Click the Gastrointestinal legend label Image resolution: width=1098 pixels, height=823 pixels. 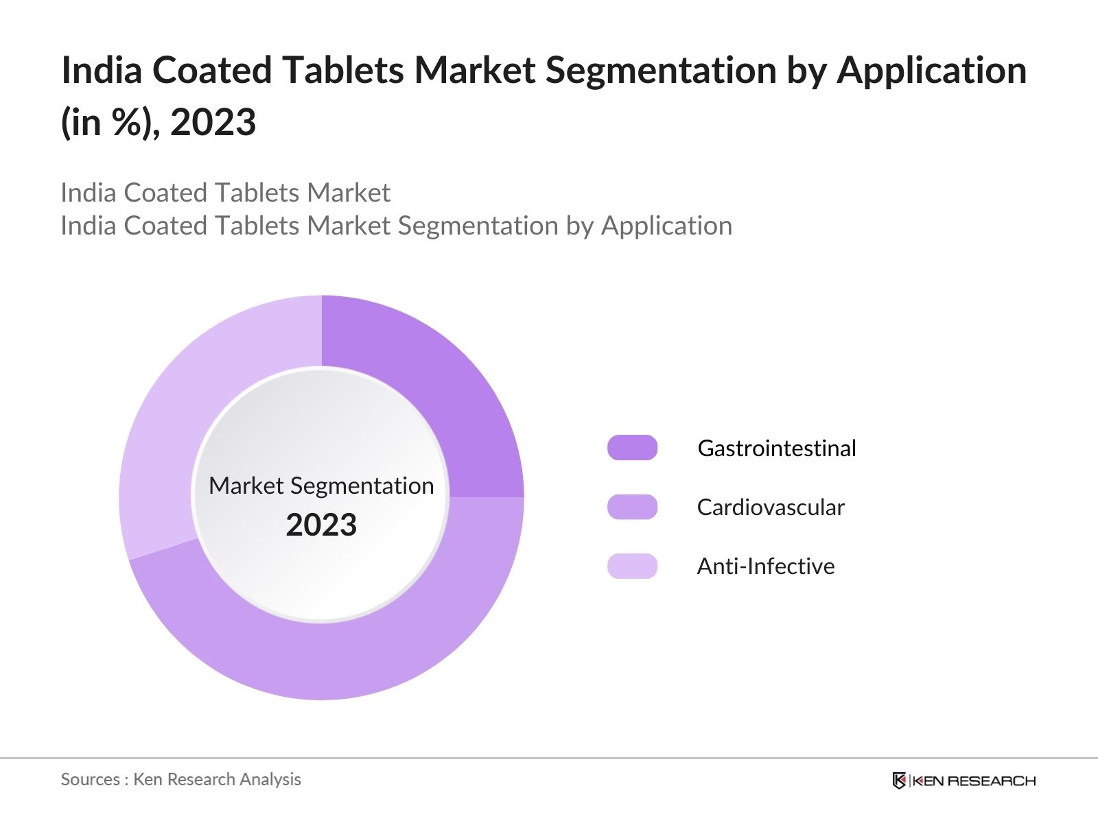pyautogui.click(x=776, y=448)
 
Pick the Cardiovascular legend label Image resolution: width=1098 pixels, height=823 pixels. pyautogui.click(x=770, y=507)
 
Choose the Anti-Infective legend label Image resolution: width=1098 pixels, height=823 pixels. pyautogui.click(x=765, y=566)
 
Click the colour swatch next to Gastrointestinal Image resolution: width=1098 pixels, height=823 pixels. pyautogui.click(x=632, y=448)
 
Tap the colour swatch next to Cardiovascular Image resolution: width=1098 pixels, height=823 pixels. pyautogui.click(x=632, y=507)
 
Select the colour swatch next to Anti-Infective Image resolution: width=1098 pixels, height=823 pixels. pyautogui.click(x=632, y=566)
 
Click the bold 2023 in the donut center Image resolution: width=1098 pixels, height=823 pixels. pyautogui.click(x=321, y=525)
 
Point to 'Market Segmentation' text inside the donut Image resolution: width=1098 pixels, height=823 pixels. pyautogui.click(x=321, y=486)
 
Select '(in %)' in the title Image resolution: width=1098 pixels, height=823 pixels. pyautogui.click(x=110, y=123)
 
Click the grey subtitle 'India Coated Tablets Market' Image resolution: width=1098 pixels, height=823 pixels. pyautogui.click(x=225, y=193)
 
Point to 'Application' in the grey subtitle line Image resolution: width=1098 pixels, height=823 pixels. pyautogui.click(x=666, y=226)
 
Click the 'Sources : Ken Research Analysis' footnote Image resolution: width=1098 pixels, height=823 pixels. pyautogui.click(x=180, y=779)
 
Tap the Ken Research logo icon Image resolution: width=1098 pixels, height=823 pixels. pyautogui.click(x=899, y=780)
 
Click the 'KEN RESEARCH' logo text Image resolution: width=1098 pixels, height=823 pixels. pyautogui.click(x=974, y=780)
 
